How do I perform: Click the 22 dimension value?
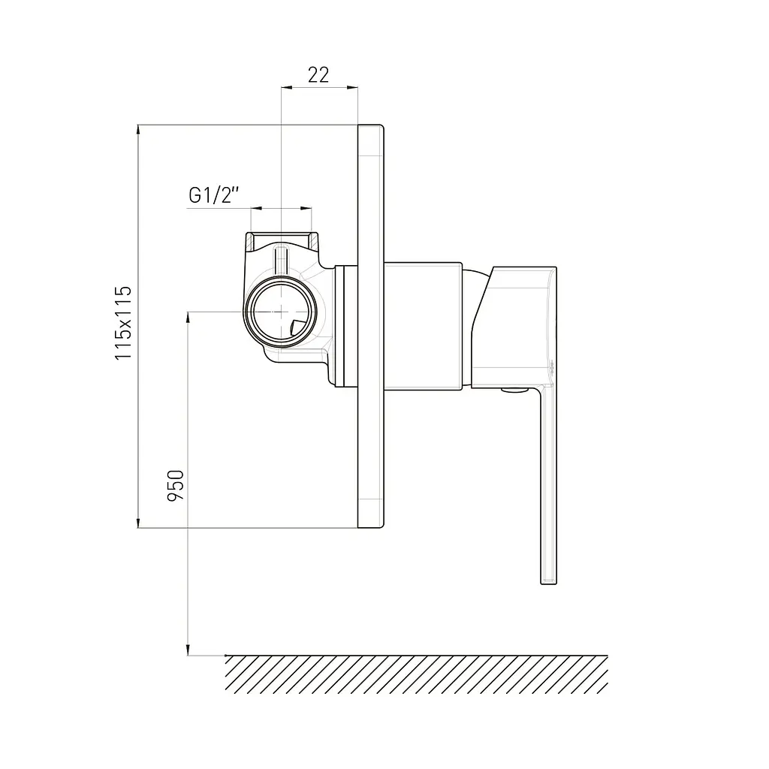click(x=318, y=75)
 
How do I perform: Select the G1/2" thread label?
click(x=214, y=195)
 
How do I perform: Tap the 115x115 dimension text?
click(x=123, y=323)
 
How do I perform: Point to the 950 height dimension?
click(x=176, y=486)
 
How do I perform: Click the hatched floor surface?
click(x=416, y=674)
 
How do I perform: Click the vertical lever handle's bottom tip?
click(x=549, y=583)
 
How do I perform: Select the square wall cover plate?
click(x=371, y=326)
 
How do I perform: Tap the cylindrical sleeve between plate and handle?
click(x=423, y=327)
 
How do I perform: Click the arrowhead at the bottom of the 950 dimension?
click(x=188, y=650)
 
